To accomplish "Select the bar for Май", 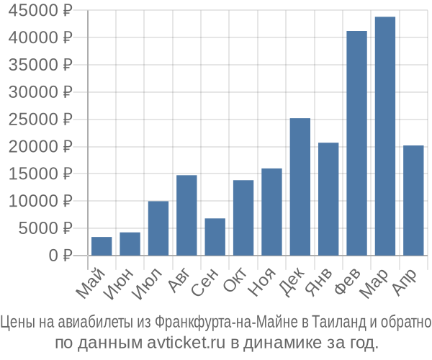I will click(102, 246).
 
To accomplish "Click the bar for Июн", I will click(130, 243).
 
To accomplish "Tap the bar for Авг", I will click(186, 215).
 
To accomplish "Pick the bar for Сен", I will click(215, 237).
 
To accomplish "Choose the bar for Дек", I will click(300, 187).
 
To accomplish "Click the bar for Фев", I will click(356, 143).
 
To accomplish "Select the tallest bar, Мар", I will click(385, 136).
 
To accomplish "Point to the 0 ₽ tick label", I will click(60, 255).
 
